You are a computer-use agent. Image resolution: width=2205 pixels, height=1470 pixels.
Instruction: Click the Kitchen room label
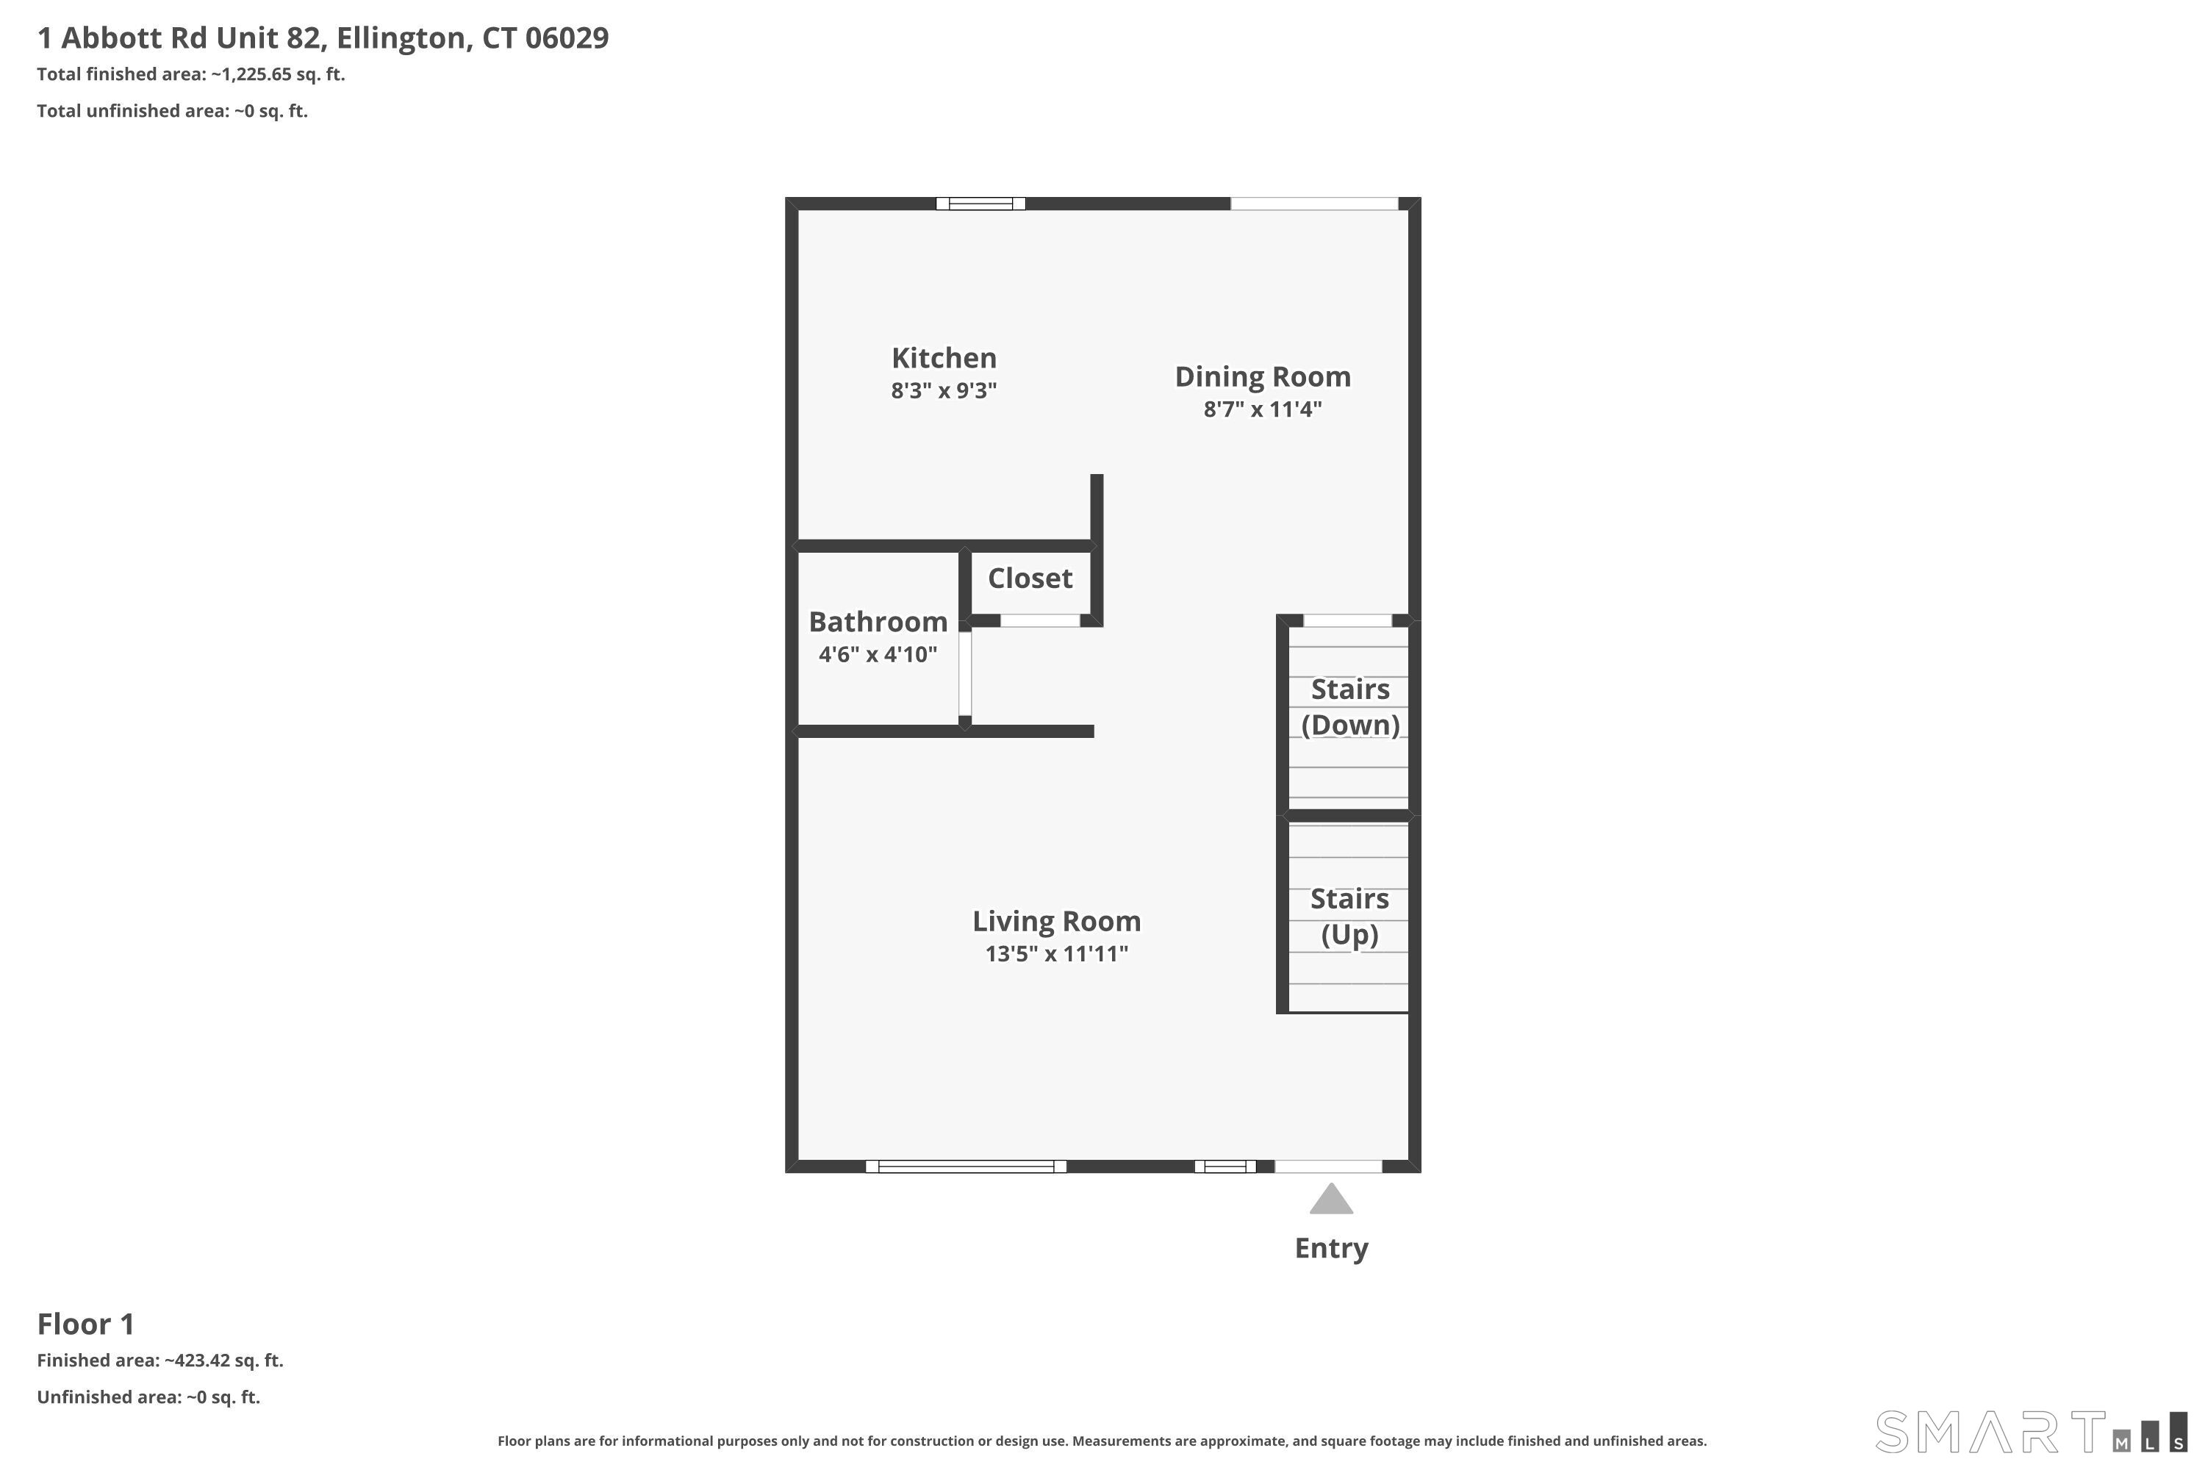(943, 358)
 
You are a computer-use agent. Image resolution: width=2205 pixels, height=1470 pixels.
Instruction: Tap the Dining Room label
(1262, 377)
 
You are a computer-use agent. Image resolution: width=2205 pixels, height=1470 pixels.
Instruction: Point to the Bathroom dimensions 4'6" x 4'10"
(878, 654)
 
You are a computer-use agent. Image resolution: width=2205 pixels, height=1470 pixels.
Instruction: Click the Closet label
(1030, 578)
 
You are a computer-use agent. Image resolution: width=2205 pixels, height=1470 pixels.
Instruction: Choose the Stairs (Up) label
(1349, 916)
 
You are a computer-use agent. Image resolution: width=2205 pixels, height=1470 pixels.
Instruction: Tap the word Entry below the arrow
(1330, 1248)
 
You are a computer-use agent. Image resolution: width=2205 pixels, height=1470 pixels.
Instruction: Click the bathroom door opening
(964, 673)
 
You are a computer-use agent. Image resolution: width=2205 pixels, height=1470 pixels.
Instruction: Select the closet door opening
(1040, 620)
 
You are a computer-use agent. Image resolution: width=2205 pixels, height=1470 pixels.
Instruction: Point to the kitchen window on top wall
(980, 204)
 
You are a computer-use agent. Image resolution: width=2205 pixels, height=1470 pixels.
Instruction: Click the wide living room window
(966, 1166)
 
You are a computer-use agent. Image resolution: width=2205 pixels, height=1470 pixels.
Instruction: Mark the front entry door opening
(1327, 1166)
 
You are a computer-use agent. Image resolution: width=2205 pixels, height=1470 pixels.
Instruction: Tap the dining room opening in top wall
(1313, 204)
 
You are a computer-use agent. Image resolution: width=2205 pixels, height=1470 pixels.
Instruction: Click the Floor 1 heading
(85, 1324)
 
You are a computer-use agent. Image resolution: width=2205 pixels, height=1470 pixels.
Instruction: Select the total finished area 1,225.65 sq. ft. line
(190, 74)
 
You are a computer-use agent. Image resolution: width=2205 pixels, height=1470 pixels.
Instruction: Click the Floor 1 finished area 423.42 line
(159, 1360)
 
